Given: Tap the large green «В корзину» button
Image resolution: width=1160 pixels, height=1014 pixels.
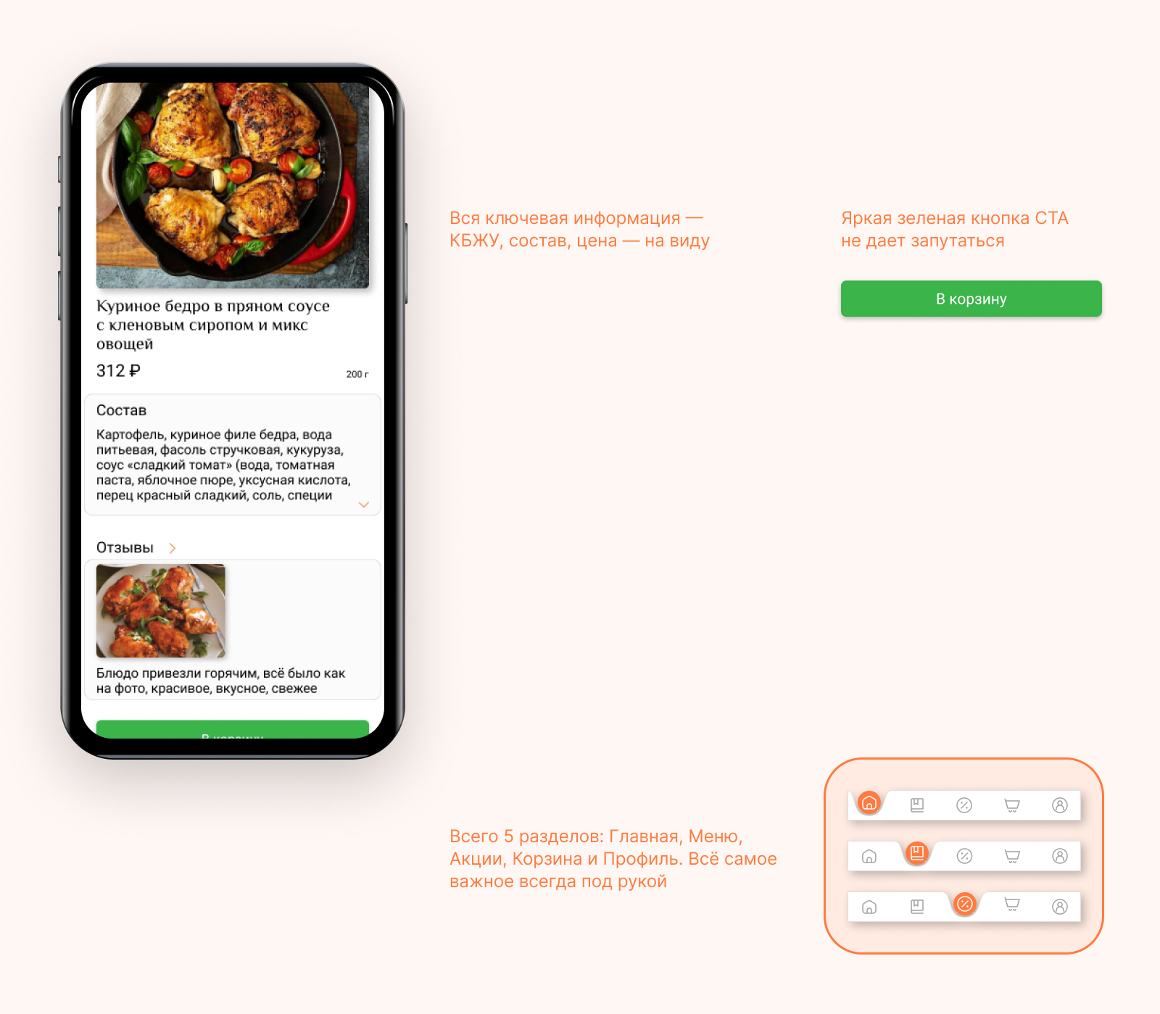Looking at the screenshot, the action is tap(971, 299).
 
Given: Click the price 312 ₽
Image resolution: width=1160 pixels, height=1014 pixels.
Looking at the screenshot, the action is tap(118, 371).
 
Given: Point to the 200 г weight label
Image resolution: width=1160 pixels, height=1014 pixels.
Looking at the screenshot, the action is tap(357, 374).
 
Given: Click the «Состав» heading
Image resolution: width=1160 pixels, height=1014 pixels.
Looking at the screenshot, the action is tap(121, 410).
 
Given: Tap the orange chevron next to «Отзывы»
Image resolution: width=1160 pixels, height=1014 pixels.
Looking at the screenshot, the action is tap(173, 548).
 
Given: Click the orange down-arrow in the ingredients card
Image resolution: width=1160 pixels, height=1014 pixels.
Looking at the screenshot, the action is tap(364, 504).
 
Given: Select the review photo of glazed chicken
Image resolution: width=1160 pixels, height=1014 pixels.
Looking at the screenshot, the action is tap(161, 611).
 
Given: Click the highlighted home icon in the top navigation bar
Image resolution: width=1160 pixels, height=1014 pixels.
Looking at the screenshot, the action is tap(869, 802).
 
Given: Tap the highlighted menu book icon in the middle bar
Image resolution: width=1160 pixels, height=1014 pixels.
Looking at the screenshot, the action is tap(917, 853).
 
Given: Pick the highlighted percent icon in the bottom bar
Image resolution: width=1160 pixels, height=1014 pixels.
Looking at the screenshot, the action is tap(965, 904).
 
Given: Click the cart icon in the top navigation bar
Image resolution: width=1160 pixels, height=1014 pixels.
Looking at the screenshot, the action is tap(1012, 805).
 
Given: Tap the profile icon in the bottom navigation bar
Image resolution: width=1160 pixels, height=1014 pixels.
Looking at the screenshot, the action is tap(1060, 907).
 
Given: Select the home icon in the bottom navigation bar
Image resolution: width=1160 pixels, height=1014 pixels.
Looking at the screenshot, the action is tap(869, 907).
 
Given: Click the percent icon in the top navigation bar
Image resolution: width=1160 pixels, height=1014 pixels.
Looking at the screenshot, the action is tap(964, 805).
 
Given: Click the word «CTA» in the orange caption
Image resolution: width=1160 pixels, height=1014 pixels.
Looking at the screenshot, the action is tap(1052, 218).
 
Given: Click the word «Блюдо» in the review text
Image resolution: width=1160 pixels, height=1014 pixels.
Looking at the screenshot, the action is tap(117, 673).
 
